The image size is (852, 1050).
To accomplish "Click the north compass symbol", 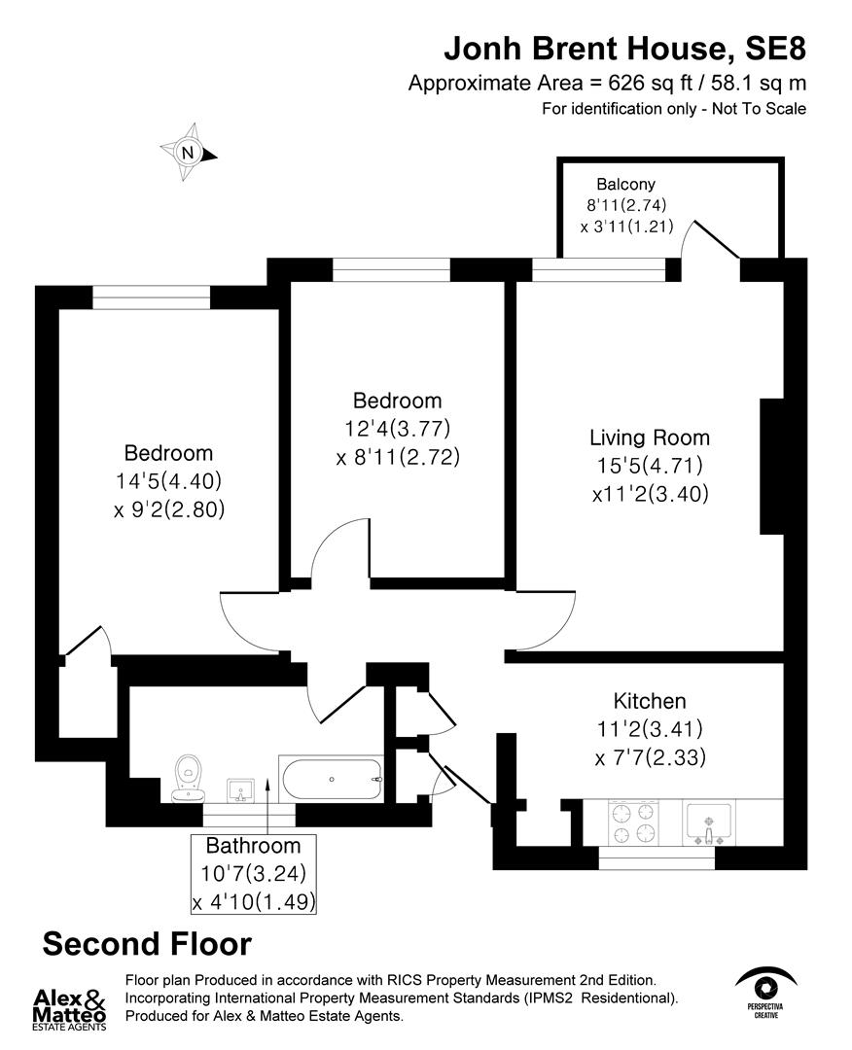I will (189, 153).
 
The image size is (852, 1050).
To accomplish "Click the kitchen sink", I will (711, 822).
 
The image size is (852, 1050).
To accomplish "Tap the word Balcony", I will (626, 184).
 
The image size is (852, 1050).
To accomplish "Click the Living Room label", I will (650, 437).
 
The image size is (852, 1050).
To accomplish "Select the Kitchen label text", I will (650, 701).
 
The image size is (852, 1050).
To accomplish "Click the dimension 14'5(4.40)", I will (168, 480).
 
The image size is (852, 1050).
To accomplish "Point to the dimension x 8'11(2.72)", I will (397, 456).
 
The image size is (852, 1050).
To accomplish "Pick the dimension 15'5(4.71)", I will (650, 466).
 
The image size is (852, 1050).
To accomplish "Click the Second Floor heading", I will (147, 944).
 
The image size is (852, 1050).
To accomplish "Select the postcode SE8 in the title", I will (774, 48).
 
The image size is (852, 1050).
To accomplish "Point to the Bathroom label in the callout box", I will (253, 846).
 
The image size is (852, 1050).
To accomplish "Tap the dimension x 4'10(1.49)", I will (254, 901).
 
